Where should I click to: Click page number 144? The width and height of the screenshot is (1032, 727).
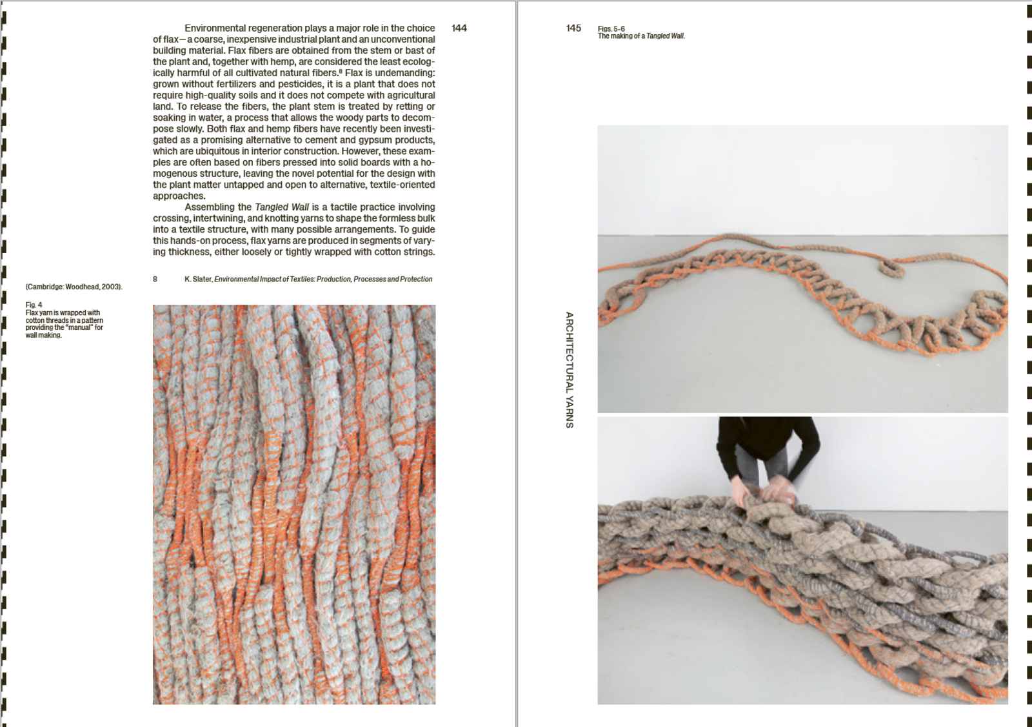(459, 28)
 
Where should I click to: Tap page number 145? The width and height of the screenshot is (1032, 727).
(573, 28)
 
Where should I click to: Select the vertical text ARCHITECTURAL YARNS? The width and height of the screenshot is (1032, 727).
(570, 370)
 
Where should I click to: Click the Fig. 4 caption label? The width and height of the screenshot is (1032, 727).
(34, 305)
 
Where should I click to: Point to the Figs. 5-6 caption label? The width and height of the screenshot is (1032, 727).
(611, 28)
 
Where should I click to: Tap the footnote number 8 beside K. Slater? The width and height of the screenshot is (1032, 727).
(155, 279)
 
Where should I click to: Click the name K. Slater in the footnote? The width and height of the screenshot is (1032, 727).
(199, 279)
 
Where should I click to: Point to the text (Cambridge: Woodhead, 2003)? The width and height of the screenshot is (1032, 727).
(74, 287)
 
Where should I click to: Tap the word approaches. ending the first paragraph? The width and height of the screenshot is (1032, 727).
(179, 196)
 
